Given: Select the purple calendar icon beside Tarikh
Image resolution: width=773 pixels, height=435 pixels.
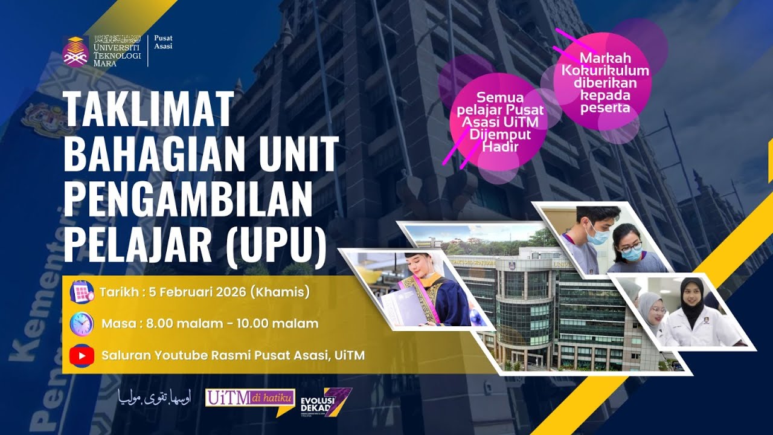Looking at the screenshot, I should tap(82, 291).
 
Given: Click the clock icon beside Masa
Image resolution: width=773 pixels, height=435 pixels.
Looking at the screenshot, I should tap(82, 324).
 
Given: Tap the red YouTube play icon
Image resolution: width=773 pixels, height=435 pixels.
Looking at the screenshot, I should tap(82, 355).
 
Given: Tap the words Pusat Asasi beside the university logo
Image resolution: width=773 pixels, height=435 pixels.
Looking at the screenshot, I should tap(163, 42).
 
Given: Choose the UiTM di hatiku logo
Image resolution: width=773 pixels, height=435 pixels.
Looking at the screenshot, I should tap(249, 399).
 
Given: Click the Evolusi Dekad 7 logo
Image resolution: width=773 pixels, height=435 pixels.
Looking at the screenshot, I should tap(326, 402).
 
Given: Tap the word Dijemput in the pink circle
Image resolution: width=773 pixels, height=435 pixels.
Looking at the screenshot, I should tap(494, 135).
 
